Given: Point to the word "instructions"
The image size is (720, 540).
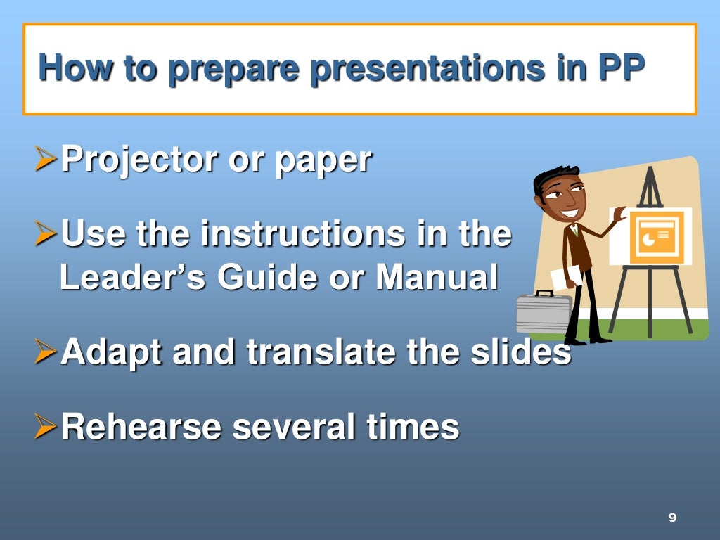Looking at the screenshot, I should point(302,234).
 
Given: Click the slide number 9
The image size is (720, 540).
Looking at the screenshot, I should point(672,517).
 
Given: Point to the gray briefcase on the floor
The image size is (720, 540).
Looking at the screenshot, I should point(543,313).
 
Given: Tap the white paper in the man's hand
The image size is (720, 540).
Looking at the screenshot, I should point(565,277).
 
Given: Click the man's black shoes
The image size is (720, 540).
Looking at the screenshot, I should point(588,340).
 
